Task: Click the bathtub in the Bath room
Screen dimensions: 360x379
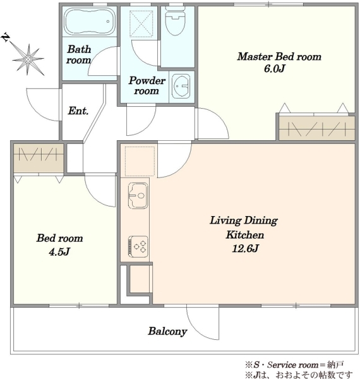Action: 90,21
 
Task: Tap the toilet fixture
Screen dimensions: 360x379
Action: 176,21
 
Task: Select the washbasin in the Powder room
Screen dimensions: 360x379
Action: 181,86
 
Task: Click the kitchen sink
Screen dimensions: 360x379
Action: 138,195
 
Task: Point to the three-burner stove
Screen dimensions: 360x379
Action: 138,246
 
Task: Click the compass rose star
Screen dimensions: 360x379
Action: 28,59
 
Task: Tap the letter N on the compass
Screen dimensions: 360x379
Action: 6,38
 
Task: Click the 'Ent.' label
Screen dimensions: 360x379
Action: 78,111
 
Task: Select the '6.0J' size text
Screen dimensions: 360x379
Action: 274,69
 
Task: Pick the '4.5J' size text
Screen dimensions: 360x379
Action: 59,252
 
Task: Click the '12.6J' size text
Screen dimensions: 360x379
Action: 245,248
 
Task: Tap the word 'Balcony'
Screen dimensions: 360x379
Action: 167,332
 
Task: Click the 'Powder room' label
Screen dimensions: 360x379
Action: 147,85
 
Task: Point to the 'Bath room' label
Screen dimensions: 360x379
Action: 79,54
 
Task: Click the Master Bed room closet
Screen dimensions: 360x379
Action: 317,128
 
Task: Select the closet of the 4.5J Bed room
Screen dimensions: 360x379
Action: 39,158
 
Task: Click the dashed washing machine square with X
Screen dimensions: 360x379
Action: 141,24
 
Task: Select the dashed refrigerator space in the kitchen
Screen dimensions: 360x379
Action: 140,161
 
